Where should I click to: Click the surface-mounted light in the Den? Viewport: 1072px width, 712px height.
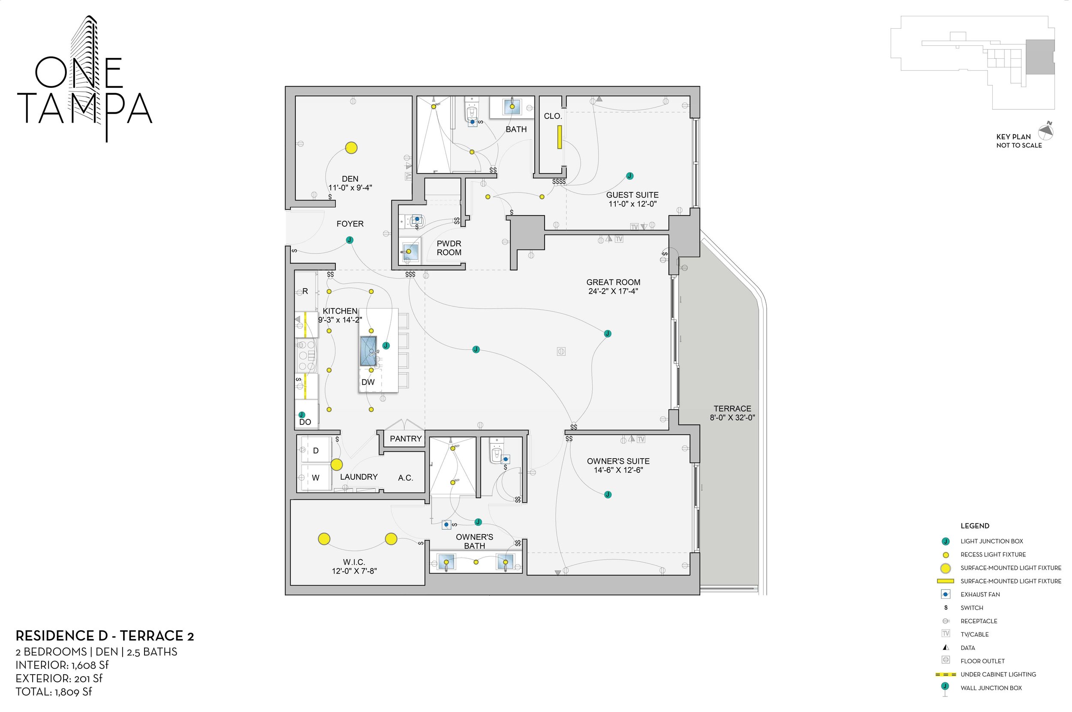(x=351, y=147)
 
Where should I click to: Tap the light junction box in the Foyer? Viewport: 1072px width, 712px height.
(x=350, y=240)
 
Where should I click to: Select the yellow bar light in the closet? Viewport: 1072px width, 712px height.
(x=560, y=137)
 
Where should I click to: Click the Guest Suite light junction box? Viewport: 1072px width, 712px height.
(x=629, y=176)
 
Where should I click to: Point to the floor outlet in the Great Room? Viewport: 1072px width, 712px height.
(x=561, y=351)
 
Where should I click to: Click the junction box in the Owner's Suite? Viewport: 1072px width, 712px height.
(x=608, y=495)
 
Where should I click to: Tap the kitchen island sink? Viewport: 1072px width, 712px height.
(x=368, y=351)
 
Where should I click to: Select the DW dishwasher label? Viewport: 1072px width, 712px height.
(x=368, y=382)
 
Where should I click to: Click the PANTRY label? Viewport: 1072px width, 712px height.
(x=406, y=439)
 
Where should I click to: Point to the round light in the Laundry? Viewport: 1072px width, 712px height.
(x=336, y=465)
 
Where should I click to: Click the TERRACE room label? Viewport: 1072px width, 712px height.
(x=732, y=409)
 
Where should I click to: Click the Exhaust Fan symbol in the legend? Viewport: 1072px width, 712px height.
(x=946, y=595)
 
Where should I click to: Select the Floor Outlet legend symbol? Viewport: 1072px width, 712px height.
(x=946, y=661)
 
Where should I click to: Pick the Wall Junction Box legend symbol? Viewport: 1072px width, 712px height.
(x=946, y=687)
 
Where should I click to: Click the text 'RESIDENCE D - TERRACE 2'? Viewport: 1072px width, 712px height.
(x=105, y=636)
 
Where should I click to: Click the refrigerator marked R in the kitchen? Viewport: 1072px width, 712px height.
(x=305, y=291)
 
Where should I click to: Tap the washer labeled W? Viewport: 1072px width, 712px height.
(x=316, y=478)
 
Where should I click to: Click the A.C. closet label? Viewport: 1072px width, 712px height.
(x=405, y=478)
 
